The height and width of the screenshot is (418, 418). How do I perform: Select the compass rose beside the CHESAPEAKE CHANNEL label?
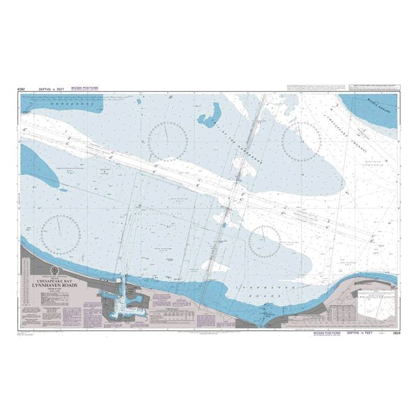coord(301,141)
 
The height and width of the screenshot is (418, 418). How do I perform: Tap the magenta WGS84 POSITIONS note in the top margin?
coord(85,88)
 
